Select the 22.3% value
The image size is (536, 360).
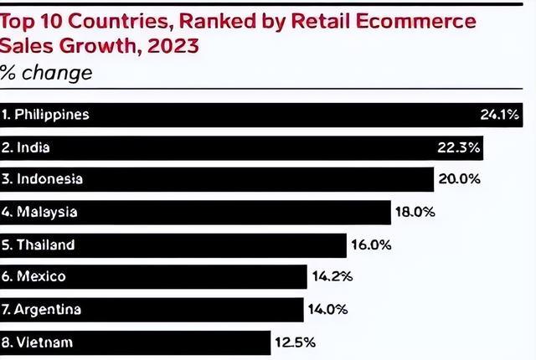point(458,147)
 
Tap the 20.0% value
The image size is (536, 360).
point(459,179)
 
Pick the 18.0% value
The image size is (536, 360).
point(415,212)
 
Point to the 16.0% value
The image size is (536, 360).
point(370,244)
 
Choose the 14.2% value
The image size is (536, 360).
point(332,276)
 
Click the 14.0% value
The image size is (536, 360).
point(328,309)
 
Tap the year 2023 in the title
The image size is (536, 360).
point(173,45)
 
